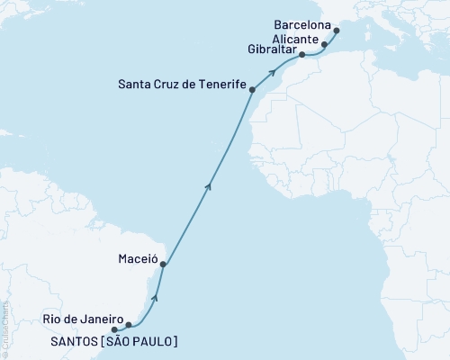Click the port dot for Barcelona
pyautogui.click(x=337, y=31)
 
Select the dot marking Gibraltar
pyautogui.click(x=302, y=55)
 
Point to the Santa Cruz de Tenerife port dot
pyautogui.click(x=252, y=89)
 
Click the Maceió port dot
pyautogui.click(x=163, y=265)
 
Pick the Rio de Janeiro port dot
pyautogui.click(x=129, y=325)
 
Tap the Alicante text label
pyautogui.click(x=296, y=40)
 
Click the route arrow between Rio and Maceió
pyautogui.click(x=156, y=295)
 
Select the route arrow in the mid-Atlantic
pyautogui.click(x=210, y=185)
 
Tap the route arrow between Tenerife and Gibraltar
pyautogui.click(x=272, y=71)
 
